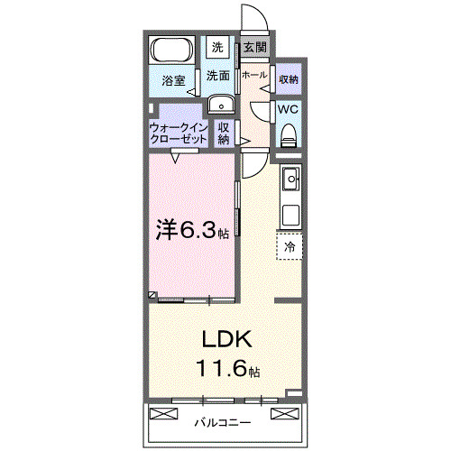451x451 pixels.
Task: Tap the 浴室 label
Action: tap(173, 80)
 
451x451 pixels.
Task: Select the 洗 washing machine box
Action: tap(217, 46)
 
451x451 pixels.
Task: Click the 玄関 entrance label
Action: tap(253, 47)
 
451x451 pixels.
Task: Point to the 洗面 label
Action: tap(217, 76)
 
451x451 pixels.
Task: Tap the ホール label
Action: tap(254, 76)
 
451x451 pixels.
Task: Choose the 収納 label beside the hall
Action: tap(288, 79)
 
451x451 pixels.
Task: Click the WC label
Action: tap(288, 109)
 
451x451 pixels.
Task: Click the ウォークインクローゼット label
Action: tap(179, 133)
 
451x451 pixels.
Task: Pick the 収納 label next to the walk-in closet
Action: tap(225, 133)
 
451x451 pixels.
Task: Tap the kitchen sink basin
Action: tap(290, 180)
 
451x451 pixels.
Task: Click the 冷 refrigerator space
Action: tap(290, 245)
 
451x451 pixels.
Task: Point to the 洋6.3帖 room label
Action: tap(192, 230)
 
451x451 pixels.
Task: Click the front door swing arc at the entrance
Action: tap(253, 18)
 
